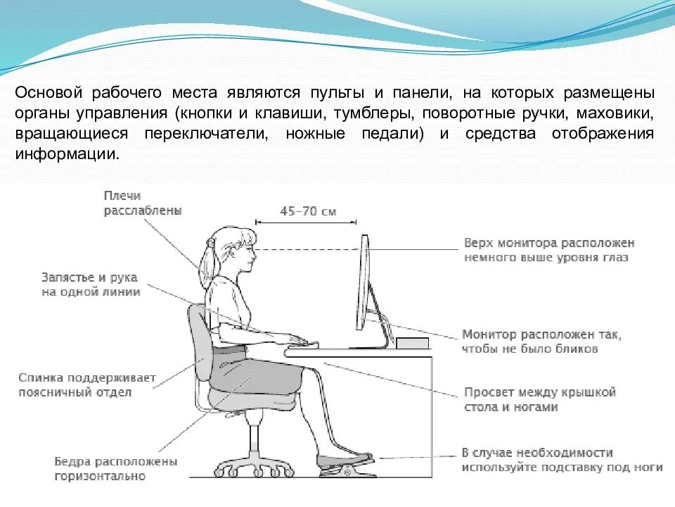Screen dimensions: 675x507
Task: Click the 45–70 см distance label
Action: click(308, 211)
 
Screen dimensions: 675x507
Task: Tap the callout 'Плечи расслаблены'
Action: click(143, 203)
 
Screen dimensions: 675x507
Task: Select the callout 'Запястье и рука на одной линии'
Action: click(91, 284)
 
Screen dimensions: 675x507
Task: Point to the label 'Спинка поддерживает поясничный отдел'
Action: click(87, 385)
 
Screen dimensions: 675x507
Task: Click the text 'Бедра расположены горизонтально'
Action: click(116, 469)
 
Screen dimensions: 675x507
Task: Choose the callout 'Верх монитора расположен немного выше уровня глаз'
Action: click(549, 250)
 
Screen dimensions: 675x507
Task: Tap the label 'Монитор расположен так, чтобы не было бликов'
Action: click(541, 342)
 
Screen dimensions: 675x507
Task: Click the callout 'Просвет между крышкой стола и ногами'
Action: click(540, 399)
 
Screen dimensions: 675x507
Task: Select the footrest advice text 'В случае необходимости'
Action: click(537, 453)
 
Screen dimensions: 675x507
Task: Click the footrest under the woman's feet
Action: click(348, 468)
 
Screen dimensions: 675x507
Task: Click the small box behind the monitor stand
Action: click(413, 343)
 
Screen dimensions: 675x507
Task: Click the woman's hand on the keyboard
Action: click(292, 339)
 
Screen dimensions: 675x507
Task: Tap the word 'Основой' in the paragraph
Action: click(49, 93)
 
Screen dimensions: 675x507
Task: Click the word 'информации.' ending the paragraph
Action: click(67, 154)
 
